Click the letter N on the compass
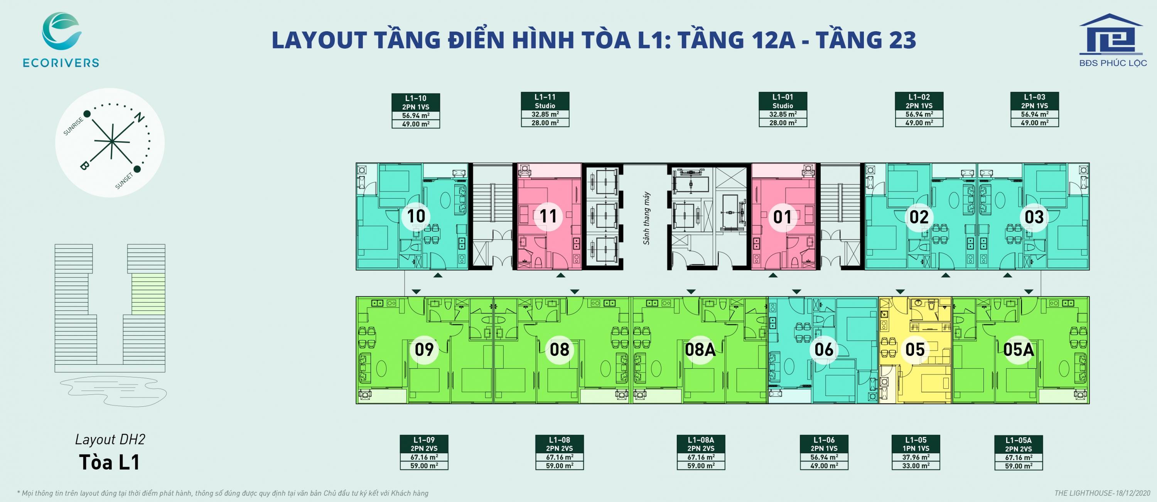[x=140, y=117]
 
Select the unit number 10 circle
[x=416, y=216]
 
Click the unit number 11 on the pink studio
[x=548, y=216]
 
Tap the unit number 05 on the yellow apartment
[x=915, y=349]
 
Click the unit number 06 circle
[x=824, y=349]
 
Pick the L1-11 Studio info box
[x=545, y=109]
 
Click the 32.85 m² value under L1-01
[x=783, y=114]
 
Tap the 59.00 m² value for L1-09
[x=424, y=466]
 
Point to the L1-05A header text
[x=1018, y=440]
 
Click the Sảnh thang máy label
[x=646, y=218]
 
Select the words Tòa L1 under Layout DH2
[x=110, y=462]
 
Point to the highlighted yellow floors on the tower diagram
[x=148, y=294]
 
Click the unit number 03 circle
[x=1034, y=217]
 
